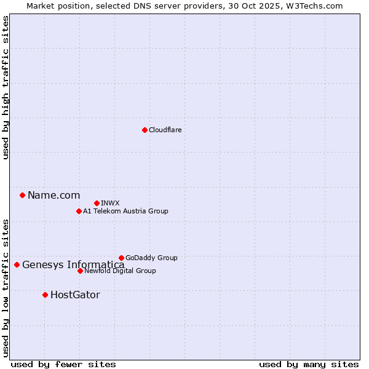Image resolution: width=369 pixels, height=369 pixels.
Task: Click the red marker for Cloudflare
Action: click(x=145, y=130)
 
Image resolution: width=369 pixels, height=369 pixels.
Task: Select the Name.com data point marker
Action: click(x=22, y=196)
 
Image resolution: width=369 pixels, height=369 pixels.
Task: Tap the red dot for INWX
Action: click(x=97, y=203)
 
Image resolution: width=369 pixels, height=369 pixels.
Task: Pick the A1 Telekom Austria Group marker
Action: click(x=79, y=211)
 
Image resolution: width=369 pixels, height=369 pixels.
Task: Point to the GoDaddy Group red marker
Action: click(x=121, y=258)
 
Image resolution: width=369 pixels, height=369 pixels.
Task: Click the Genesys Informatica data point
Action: click(x=17, y=265)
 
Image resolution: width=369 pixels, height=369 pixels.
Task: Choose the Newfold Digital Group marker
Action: click(x=80, y=271)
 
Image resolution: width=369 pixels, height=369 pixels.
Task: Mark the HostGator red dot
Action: click(x=45, y=295)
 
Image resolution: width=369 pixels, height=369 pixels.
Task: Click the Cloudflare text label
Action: click(x=165, y=130)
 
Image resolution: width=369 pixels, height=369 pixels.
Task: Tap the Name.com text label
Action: click(x=54, y=196)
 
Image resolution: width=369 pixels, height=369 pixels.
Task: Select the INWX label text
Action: click(x=110, y=203)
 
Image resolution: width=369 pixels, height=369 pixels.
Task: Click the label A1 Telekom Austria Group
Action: click(x=125, y=211)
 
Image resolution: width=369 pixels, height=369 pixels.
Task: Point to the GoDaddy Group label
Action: click(x=151, y=258)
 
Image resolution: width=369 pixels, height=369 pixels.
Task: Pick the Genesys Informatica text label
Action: click(x=73, y=265)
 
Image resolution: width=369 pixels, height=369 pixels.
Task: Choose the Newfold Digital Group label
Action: click(x=120, y=271)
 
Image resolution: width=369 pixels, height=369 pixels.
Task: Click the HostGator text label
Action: click(x=75, y=295)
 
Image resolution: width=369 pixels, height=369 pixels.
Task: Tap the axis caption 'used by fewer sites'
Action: click(x=63, y=364)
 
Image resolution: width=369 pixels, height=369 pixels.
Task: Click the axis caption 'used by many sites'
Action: click(x=309, y=364)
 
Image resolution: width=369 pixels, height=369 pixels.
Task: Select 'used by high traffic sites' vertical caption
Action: click(x=6, y=87)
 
